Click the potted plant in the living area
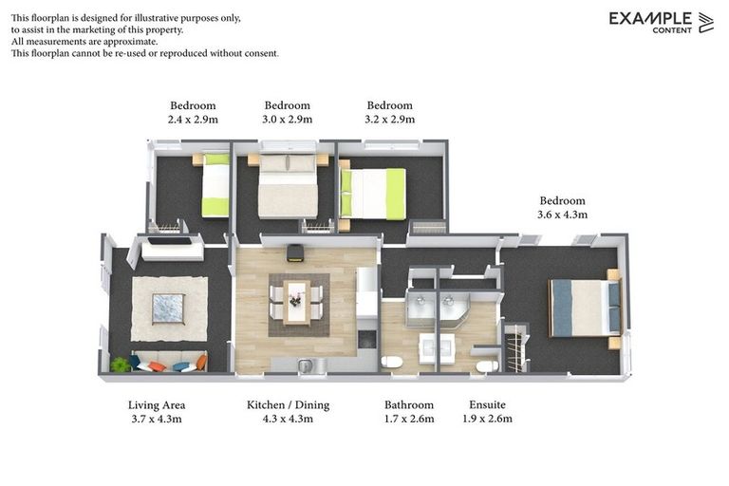[120, 364]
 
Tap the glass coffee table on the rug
[169, 308]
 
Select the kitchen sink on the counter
[306, 365]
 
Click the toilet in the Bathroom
[391, 362]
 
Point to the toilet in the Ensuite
[487, 365]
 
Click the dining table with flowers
[296, 301]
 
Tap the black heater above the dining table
[295, 252]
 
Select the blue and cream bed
[584, 308]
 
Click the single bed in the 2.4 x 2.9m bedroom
[215, 186]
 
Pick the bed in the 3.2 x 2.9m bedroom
[374, 193]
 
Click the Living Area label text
[157, 405]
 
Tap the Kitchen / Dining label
[288, 405]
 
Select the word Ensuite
[488, 405]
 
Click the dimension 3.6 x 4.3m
[563, 215]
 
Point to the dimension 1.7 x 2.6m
[409, 419]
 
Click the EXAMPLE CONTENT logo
[661, 22]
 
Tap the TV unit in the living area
[171, 249]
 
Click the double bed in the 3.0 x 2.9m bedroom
[288, 185]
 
